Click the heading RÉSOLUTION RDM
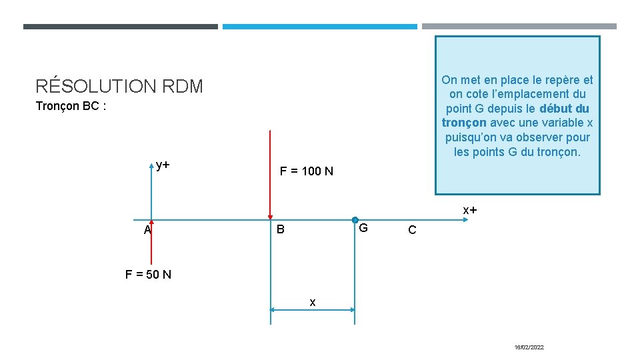(x=119, y=85)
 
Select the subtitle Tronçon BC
(x=67, y=106)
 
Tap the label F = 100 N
(x=307, y=171)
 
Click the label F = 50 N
(x=148, y=274)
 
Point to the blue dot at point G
(x=355, y=220)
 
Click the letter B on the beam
(x=281, y=229)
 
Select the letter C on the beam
(x=412, y=230)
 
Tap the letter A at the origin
(x=147, y=230)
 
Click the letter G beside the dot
(x=363, y=228)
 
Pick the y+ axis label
(x=163, y=165)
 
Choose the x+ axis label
(x=470, y=210)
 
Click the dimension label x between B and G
(x=313, y=303)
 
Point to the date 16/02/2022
(x=529, y=347)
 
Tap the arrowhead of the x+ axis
(x=465, y=220)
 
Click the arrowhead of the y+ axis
(x=151, y=166)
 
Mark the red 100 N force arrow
(x=270, y=175)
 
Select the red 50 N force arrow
(x=151, y=242)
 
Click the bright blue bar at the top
(x=319, y=27)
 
